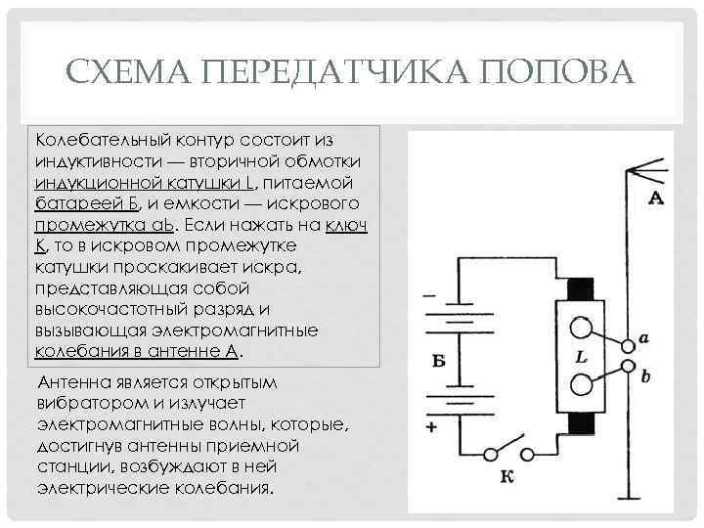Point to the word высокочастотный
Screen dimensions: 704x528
click(x=105, y=310)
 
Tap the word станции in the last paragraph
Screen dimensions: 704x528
click(x=66, y=467)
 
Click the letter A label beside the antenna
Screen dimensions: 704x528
click(x=656, y=199)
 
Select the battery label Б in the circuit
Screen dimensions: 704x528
click(x=438, y=361)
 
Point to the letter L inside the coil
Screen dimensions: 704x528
click(x=581, y=358)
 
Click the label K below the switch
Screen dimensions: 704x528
click(x=506, y=478)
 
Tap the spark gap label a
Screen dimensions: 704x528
click(x=643, y=339)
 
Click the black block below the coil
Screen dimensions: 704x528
click(x=581, y=426)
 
